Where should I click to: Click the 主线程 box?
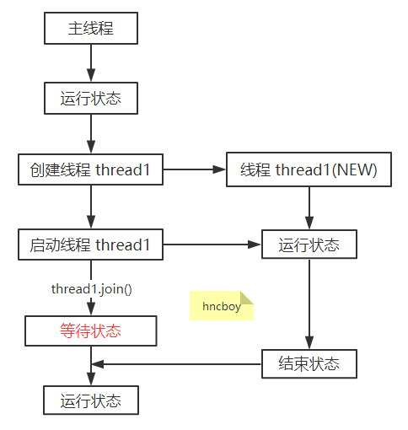pos(90,29)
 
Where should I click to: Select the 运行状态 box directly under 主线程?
pos(90,99)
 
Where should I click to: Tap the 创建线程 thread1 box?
pos(90,170)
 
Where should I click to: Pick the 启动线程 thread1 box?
pos(90,245)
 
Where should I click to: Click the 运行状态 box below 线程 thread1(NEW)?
pos(309,245)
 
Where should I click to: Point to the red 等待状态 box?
pos(90,331)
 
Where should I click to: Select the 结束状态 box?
pos(309,363)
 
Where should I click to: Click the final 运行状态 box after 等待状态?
pos(90,400)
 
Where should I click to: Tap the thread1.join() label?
pos(91,289)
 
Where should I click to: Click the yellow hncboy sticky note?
pos(221,306)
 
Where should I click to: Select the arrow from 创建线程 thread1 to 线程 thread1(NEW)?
pos(195,170)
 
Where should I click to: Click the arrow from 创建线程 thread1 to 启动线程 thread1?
pos(90,207)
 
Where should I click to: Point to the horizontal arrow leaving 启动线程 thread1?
pos(212,245)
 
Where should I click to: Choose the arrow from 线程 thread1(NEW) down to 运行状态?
pos(309,207)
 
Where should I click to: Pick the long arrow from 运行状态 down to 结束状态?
pos(309,304)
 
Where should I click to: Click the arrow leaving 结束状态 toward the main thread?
pos(177,364)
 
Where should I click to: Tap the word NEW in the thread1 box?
pos(357,170)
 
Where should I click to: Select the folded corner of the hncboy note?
pos(247,298)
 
